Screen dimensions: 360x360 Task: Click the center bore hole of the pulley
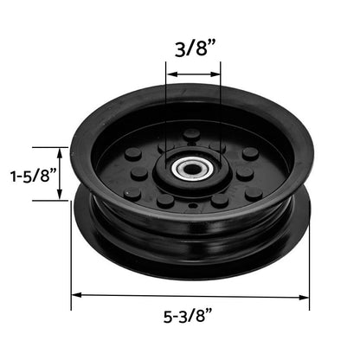point(192,168)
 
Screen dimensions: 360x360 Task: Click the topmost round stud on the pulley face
point(191,135)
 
